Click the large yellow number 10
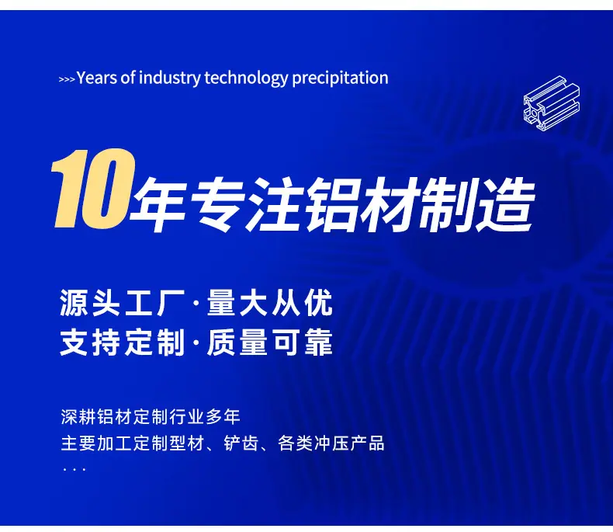tap(93, 188)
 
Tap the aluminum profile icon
tap(552, 103)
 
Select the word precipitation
tap(340, 78)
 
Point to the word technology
tap(246, 78)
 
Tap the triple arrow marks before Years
tap(67, 79)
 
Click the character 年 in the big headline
tap(158, 204)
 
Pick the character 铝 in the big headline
tap(332, 204)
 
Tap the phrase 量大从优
tap(270, 302)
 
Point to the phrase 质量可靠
tap(270, 342)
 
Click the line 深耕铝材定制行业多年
tap(151, 417)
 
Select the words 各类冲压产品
tap(331, 443)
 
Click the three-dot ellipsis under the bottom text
tap(74, 468)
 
